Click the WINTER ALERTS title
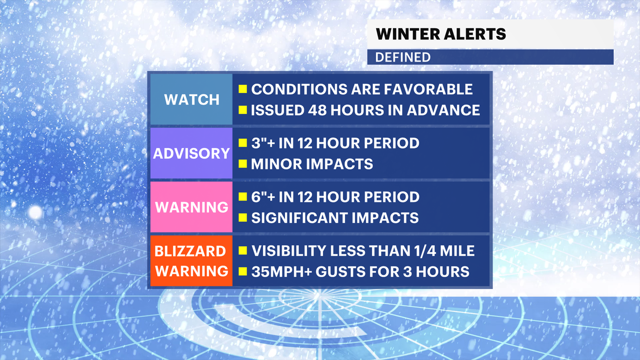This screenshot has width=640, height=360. click(441, 34)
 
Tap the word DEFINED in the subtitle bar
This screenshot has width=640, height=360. click(403, 57)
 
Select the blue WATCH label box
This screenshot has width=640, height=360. click(191, 99)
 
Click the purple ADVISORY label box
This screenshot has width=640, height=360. click(191, 153)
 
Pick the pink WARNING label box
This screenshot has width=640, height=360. click(191, 207)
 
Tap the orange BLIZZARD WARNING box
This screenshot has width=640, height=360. click(191, 261)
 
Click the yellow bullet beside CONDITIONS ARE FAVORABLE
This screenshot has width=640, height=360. click(243, 89)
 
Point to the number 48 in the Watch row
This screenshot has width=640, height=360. click(317, 110)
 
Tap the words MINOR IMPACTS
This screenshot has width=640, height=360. click(312, 164)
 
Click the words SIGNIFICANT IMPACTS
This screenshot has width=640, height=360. click(335, 218)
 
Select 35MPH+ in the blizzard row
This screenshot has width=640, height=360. click(281, 272)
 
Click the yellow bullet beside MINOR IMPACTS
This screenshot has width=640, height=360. click(243, 164)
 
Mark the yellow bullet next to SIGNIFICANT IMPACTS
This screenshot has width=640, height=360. click(243, 218)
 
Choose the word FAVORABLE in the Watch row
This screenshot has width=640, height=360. click(428, 89)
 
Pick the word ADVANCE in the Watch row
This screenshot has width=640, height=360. click(443, 110)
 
